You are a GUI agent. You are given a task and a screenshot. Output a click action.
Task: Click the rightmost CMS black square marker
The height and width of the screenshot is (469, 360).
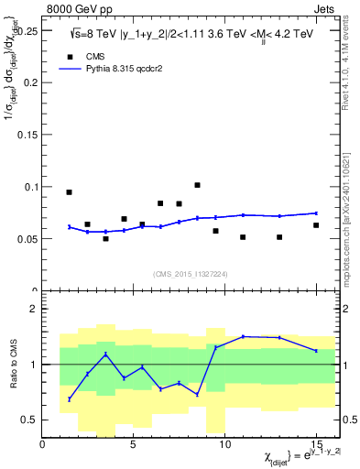coord(316,225)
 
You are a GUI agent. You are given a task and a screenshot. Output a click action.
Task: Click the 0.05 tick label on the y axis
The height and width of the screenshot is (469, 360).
coord(27,239)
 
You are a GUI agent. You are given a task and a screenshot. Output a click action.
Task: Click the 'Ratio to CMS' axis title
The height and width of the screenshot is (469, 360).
coord(12,365)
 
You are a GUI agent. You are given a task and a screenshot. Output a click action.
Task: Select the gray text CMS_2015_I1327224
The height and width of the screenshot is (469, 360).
coord(191,273)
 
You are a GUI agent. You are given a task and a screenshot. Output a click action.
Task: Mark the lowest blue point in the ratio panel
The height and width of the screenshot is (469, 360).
coord(70,399)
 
